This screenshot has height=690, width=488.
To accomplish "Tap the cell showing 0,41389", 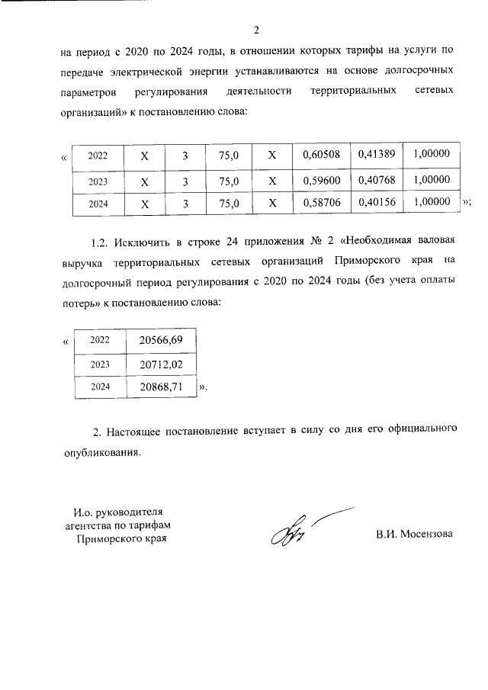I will (374, 154).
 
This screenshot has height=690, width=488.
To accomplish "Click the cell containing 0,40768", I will (374, 181).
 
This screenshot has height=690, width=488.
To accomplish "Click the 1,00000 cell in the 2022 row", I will (431, 154).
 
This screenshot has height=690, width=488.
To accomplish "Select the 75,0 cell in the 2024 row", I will (229, 204).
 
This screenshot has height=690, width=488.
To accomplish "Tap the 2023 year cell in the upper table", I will (98, 182).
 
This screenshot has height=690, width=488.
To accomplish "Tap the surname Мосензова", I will (425, 533).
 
